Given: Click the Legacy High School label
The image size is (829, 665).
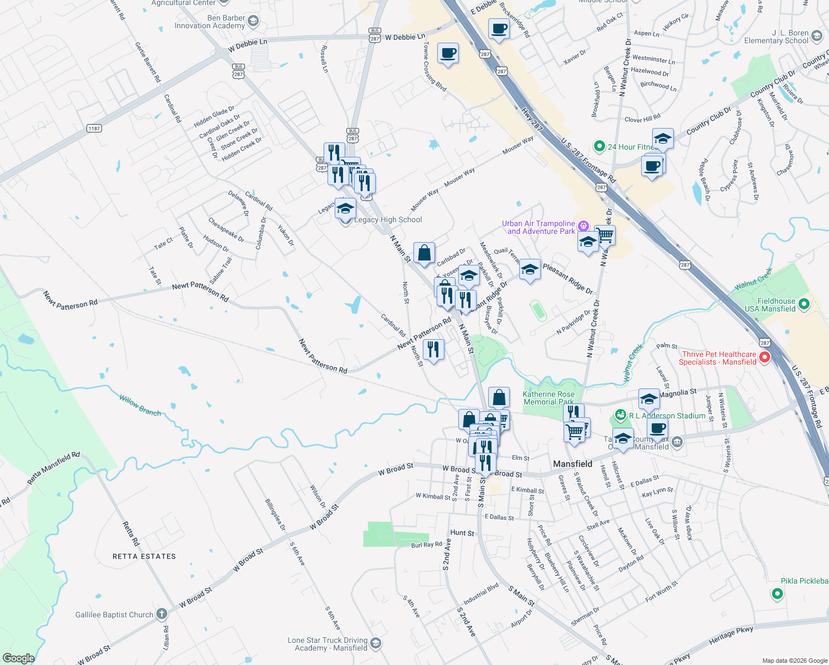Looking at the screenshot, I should [388, 220].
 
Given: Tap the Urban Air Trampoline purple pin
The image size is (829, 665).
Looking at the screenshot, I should [583, 226].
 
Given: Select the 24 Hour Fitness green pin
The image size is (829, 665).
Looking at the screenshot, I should [599, 147].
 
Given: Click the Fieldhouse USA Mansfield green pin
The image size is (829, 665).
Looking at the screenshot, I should [805, 304].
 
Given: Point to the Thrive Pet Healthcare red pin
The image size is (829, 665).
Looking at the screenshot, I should [765, 357].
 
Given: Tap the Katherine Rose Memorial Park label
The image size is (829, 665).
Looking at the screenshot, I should [549, 398].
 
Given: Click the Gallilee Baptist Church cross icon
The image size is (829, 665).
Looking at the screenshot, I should [161, 613].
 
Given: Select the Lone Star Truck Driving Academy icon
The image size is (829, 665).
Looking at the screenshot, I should [376, 643].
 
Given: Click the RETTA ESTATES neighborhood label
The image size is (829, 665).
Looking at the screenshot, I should [144, 556].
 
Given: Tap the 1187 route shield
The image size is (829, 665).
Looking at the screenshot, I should [94, 129].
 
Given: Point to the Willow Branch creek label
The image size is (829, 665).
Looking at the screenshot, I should [140, 405].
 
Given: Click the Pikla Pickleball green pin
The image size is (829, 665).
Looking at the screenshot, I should [777, 594].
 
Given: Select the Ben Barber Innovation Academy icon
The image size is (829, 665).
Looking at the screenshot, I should [253, 22].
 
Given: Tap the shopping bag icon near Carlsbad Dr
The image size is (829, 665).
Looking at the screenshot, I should [424, 254].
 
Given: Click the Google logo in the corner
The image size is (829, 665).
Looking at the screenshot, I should [18, 658].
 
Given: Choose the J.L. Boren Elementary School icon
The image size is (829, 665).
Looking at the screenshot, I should [817, 37].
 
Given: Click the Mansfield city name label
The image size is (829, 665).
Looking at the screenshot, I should [572, 464].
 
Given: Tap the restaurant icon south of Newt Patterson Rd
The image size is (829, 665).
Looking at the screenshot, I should [433, 350].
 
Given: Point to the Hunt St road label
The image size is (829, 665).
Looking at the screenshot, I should [462, 533].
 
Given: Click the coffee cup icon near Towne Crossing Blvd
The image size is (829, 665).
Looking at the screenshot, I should [448, 54].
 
